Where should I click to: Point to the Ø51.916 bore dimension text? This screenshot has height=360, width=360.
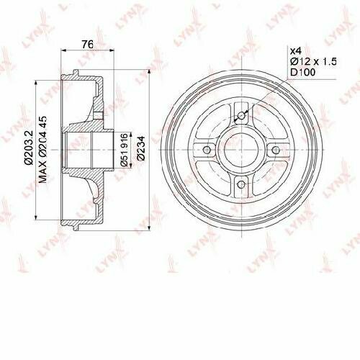[123, 150]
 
